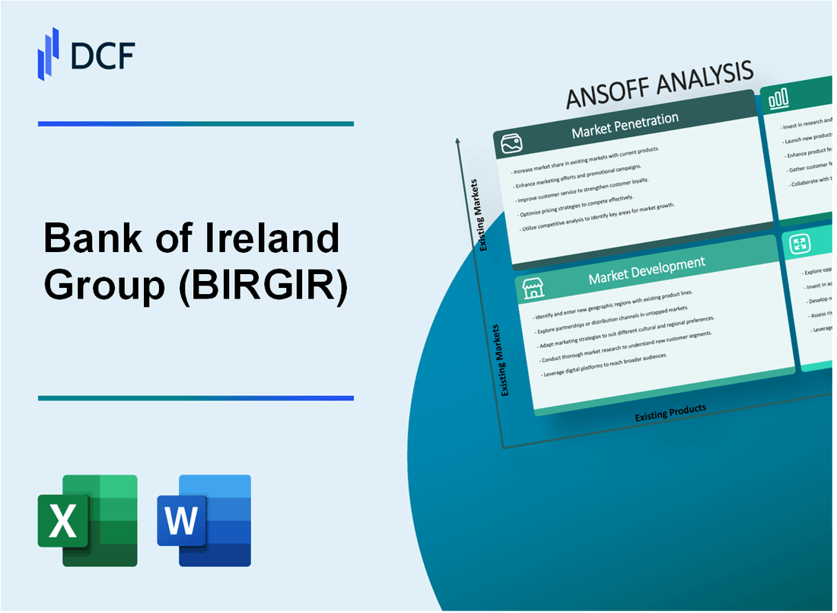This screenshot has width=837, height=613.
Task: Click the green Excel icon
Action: pyautogui.click(x=88, y=520)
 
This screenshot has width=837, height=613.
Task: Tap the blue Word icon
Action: pyautogui.click(x=204, y=520)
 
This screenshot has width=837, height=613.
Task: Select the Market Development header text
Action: pyautogui.click(x=646, y=270)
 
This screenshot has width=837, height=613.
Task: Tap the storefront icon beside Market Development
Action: pyautogui.click(x=533, y=288)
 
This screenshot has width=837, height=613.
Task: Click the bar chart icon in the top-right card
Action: pyautogui.click(x=778, y=99)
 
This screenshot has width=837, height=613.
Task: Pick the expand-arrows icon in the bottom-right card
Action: pyautogui.click(x=800, y=244)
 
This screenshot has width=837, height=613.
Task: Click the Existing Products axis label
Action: pyautogui.click(x=670, y=412)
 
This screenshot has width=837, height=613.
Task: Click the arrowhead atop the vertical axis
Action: pyautogui.click(x=457, y=141)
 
